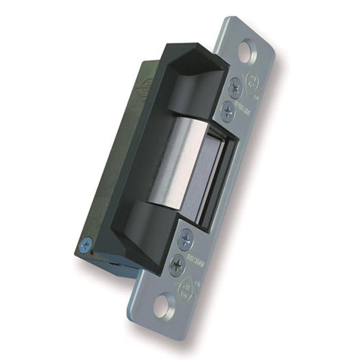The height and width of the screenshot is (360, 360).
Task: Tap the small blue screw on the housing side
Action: point(86,246)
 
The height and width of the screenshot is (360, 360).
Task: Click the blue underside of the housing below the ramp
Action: point(119,266)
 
